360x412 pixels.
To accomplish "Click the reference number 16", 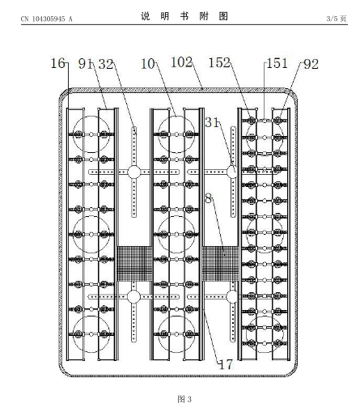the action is pyautogui.click(x=57, y=64).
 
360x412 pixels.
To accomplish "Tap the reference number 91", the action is pyautogui.click(x=86, y=64).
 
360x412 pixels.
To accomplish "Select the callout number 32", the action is pyautogui.click(x=106, y=64).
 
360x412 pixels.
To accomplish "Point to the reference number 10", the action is pyautogui.click(x=148, y=64).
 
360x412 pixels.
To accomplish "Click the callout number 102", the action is pyautogui.click(x=181, y=62).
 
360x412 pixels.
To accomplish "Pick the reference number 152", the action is pyautogui.click(x=219, y=62).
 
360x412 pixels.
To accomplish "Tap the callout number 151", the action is pyautogui.click(x=277, y=63).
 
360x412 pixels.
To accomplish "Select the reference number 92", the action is pyautogui.click(x=311, y=64).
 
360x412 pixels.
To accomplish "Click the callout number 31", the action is pyautogui.click(x=212, y=122).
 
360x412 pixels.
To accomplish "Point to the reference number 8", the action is pyautogui.click(x=209, y=198).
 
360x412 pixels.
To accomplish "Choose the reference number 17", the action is pyautogui.click(x=226, y=365).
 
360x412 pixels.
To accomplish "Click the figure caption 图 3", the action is pyautogui.click(x=184, y=399).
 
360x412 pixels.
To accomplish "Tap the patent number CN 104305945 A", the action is pyautogui.click(x=47, y=19).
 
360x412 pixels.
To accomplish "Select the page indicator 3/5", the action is pyautogui.click(x=332, y=19).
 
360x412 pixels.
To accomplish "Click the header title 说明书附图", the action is pyautogui.click(x=184, y=16).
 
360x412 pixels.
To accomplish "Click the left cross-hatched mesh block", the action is pyautogui.click(x=134, y=263).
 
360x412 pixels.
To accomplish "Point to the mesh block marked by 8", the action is pyautogui.click(x=220, y=263).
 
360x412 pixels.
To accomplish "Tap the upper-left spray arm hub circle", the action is pyautogui.click(x=134, y=172).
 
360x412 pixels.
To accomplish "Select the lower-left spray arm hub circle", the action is pyautogui.click(x=133, y=297).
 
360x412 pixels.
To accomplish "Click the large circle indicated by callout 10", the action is pyautogui.click(x=176, y=117).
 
